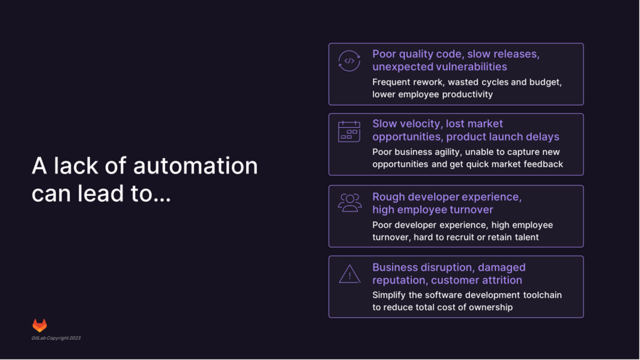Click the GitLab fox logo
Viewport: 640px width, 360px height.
pos(39,325)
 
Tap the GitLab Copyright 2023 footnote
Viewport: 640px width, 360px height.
pos(56,338)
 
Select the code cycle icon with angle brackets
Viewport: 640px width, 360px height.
pos(349,61)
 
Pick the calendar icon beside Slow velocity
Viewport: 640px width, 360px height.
pos(349,131)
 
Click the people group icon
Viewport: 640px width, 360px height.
pos(349,202)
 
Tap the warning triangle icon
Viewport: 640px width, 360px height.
pos(349,274)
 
